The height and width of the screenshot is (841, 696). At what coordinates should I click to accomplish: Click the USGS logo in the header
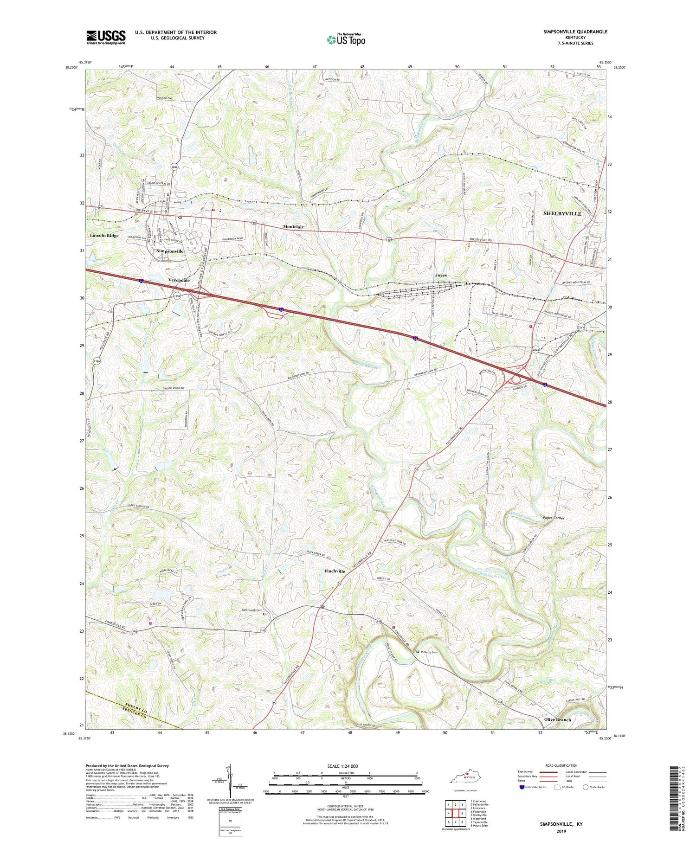[106, 37]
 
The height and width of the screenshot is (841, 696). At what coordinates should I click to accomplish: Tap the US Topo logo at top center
[346, 39]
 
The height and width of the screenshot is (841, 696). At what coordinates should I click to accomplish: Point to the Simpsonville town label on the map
[170, 251]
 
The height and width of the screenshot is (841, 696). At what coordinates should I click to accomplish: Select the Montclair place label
[293, 227]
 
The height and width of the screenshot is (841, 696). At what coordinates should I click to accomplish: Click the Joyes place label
[440, 276]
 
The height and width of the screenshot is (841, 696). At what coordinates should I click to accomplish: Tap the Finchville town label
[335, 571]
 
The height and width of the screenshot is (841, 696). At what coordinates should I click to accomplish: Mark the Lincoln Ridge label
[104, 236]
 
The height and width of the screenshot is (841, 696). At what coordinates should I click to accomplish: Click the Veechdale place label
[179, 281]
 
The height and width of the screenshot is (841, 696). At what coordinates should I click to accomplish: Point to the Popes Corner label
[553, 518]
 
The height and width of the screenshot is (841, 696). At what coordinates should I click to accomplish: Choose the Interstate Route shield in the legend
[522, 787]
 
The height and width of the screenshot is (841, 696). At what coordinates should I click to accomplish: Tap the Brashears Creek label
[492, 578]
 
